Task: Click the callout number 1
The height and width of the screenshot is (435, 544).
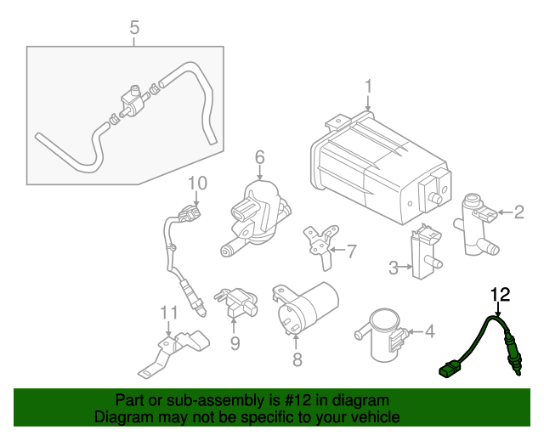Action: [369, 87]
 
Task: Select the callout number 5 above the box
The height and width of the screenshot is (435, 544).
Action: [134, 29]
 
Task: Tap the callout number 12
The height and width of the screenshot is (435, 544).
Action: [501, 295]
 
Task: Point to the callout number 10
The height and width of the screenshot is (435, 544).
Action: [197, 183]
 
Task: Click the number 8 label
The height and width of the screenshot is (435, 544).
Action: [297, 359]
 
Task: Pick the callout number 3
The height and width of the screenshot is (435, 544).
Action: [394, 268]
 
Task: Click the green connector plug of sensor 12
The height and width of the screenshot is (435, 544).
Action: [448, 370]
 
